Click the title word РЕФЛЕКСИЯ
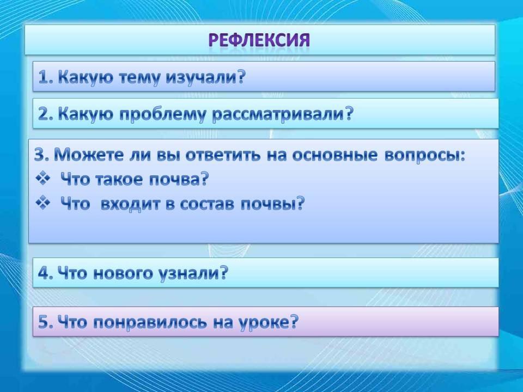pyautogui.click(x=259, y=40)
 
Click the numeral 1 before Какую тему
pyautogui.click(x=44, y=78)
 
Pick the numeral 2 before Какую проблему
pyautogui.click(x=44, y=114)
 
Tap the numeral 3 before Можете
pyautogui.click(x=40, y=155)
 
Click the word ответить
pyautogui.click(x=223, y=155)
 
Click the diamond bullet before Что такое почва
pyautogui.click(x=42, y=179)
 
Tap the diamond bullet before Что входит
pyautogui.click(x=42, y=203)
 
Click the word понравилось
pyautogui.click(x=150, y=323)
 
